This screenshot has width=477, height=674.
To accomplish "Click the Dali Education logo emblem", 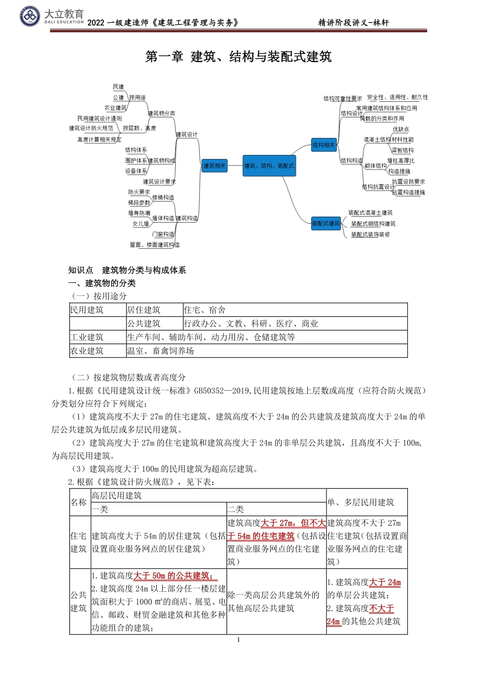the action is (30, 17).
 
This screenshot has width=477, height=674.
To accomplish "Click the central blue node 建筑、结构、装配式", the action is (269, 165).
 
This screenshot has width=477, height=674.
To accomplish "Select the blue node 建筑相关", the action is (214, 165).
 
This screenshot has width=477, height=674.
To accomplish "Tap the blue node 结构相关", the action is (323, 145).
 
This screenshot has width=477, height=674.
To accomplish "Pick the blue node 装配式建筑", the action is (326, 223).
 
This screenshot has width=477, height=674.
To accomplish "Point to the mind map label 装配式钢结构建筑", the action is (373, 224).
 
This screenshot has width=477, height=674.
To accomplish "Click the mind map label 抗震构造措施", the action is (408, 193).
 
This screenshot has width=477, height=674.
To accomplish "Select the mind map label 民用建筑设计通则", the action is (99, 118).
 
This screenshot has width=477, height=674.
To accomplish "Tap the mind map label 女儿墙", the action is (141, 224).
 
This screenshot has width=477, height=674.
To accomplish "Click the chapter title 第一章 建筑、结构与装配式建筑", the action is (238, 57).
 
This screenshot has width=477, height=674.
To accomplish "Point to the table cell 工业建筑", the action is (87, 337).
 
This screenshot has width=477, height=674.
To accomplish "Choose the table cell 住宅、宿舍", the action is (205, 310).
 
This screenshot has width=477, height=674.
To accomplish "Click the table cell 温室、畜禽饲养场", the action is (160, 351).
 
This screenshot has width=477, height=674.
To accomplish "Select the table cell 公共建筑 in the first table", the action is (144, 323).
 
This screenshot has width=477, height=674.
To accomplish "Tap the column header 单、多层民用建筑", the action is (361, 502).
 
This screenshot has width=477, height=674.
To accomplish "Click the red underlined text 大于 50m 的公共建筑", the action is (175, 576).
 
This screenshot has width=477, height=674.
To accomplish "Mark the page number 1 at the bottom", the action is (238, 640).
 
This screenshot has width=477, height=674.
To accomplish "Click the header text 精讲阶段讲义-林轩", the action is (353, 23).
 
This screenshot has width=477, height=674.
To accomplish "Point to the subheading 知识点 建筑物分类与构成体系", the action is (127, 270).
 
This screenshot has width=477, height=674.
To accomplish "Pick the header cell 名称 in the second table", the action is (79, 502).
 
